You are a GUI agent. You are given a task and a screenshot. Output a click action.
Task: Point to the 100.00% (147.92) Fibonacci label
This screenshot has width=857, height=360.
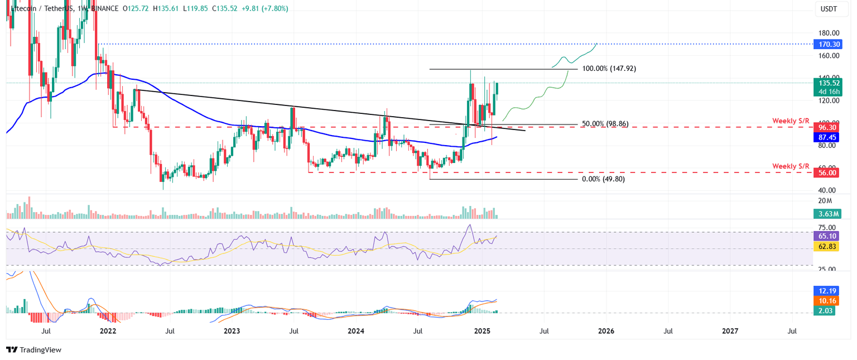click(609, 69)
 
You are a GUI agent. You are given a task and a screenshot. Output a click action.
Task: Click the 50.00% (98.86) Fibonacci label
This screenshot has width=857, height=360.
click(605, 124)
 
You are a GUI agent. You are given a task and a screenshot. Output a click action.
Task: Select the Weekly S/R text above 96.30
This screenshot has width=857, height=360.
click(791, 121)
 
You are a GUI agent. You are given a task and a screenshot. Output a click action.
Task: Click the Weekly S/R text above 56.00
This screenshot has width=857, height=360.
click(791, 166)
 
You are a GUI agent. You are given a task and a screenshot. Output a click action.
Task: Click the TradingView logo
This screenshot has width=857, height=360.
click(34, 350)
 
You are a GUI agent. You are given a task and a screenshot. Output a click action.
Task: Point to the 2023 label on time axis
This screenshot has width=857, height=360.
click(232, 331)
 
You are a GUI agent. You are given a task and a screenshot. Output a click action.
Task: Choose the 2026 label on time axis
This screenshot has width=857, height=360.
click(606, 331)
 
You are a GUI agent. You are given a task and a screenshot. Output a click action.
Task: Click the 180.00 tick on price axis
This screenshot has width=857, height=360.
click(829, 33)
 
